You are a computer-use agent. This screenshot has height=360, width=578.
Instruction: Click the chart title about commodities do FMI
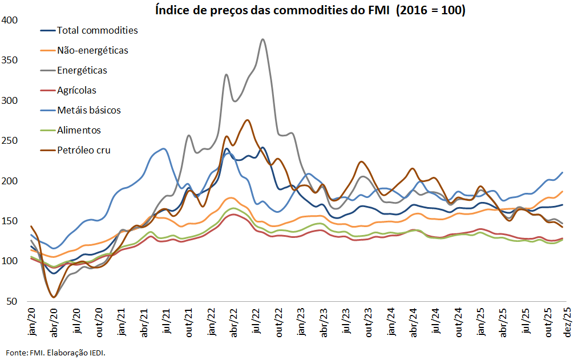310,10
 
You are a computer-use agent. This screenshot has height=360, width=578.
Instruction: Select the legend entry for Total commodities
97,30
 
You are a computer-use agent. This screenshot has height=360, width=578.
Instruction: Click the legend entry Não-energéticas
92,50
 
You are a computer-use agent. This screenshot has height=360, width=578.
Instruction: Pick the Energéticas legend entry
82,70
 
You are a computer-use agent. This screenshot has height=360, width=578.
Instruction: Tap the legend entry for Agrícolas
76,90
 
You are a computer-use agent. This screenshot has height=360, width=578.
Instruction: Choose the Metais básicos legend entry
88,110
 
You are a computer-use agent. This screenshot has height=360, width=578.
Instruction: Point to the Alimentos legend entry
79,130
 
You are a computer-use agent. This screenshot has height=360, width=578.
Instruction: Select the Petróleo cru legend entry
83,150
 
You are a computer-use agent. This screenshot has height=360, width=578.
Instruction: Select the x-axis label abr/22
233,321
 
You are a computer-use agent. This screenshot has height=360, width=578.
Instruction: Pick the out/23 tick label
368,321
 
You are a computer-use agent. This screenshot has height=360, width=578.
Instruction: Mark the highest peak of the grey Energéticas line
262,39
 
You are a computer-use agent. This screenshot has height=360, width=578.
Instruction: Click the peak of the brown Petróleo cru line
247,120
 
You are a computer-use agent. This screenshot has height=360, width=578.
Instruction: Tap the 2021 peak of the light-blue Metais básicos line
164,149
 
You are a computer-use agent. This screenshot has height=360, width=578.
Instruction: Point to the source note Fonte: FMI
56,351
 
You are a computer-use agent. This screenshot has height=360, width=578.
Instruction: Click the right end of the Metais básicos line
563,172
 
